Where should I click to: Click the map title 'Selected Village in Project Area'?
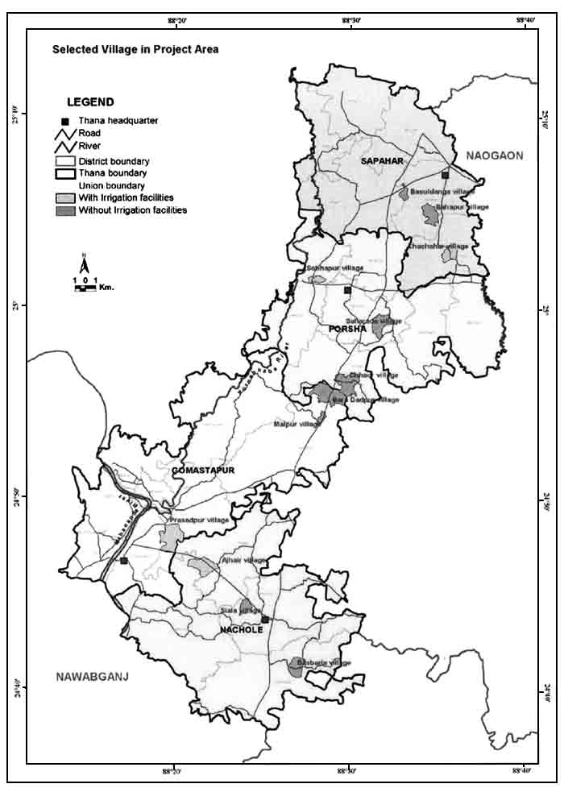tap(135, 49)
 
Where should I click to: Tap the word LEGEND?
tap(89, 102)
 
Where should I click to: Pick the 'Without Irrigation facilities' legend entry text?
tap(132, 210)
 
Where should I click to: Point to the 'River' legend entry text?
tap(89, 147)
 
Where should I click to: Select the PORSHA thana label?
tap(348, 329)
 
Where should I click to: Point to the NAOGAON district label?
tap(493, 155)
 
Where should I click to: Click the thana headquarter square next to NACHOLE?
tap(264, 619)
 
